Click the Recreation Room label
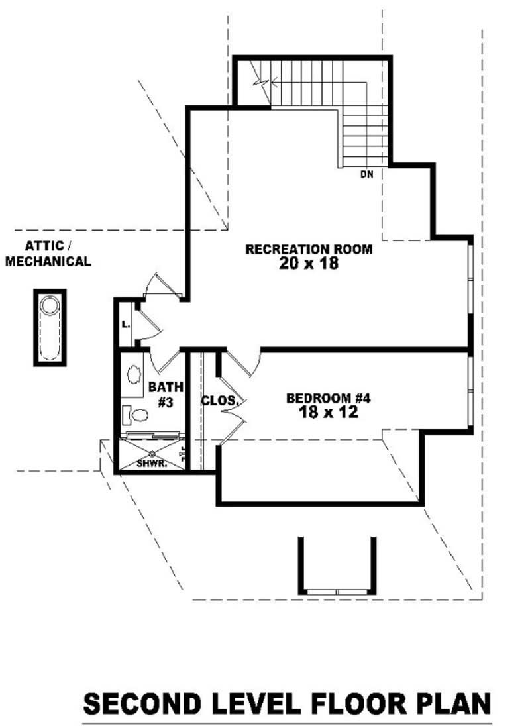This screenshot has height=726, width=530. click(x=309, y=250)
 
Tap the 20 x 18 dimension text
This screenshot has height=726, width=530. click(x=309, y=264)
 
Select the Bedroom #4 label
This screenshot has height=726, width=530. click(x=329, y=398)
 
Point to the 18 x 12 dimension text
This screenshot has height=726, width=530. click(x=329, y=412)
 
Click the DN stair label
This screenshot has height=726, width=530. click(x=366, y=175)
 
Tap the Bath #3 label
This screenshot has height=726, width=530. click(x=165, y=395)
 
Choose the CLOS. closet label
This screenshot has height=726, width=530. click(x=219, y=401)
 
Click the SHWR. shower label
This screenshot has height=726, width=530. click(x=152, y=464)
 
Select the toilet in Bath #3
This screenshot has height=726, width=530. click(x=135, y=415)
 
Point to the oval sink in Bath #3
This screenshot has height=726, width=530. click(x=134, y=374)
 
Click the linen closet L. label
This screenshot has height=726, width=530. click(x=125, y=325)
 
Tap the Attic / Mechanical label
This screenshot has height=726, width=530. click(x=48, y=254)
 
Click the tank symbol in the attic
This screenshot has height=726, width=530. click(x=50, y=327)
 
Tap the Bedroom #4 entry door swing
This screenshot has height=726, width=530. click(x=242, y=364)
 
